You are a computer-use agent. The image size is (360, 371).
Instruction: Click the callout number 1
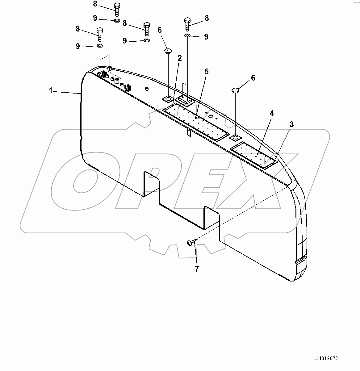tap(50, 90)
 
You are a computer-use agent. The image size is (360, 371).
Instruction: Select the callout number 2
tap(179, 58)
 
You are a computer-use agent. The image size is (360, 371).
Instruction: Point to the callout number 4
tap(272, 113)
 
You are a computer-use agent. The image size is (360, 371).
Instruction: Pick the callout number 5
tap(207, 72)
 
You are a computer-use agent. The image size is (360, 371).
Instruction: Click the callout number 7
tap(197, 269)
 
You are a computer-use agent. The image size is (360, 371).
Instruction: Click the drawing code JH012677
tap(327, 358)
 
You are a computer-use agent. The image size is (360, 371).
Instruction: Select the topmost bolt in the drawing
tap(117, 9)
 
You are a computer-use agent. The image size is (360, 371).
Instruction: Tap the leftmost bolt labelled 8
tap(99, 34)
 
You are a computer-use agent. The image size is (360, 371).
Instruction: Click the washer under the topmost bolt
tap(117, 21)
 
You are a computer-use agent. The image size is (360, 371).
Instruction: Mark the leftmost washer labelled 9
tap(100, 46)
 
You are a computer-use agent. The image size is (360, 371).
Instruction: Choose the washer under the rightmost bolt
tap(188, 36)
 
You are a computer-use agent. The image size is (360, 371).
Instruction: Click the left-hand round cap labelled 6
tap(168, 51)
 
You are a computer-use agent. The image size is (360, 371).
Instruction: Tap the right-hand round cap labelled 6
tap(235, 90)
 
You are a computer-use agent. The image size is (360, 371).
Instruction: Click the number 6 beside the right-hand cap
tap(253, 78)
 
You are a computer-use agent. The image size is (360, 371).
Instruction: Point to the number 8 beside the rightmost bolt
tap(207, 18)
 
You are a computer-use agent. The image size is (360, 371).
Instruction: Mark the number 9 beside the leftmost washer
tap(77, 46)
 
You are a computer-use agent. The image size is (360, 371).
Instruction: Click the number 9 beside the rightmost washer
tap(206, 37)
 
